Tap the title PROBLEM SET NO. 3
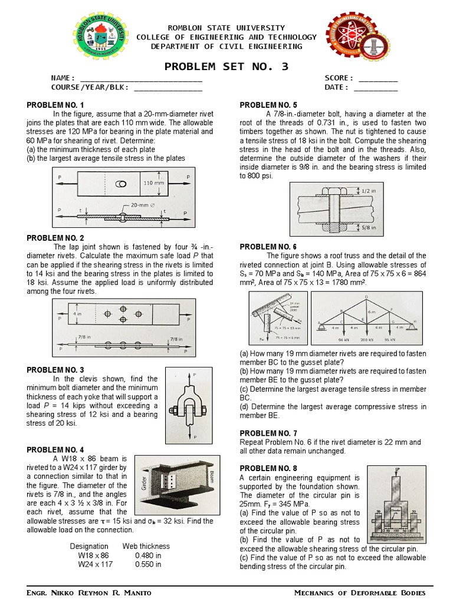(226, 66)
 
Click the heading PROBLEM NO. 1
(55, 105)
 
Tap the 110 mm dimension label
(154, 183)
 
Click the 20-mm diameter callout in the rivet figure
(143, 206)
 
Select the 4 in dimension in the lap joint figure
(77, 314)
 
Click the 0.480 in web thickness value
(148, 555)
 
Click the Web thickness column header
(146, 546)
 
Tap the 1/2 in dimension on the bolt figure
(368, 190)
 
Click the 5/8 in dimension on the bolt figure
(369, 227)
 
